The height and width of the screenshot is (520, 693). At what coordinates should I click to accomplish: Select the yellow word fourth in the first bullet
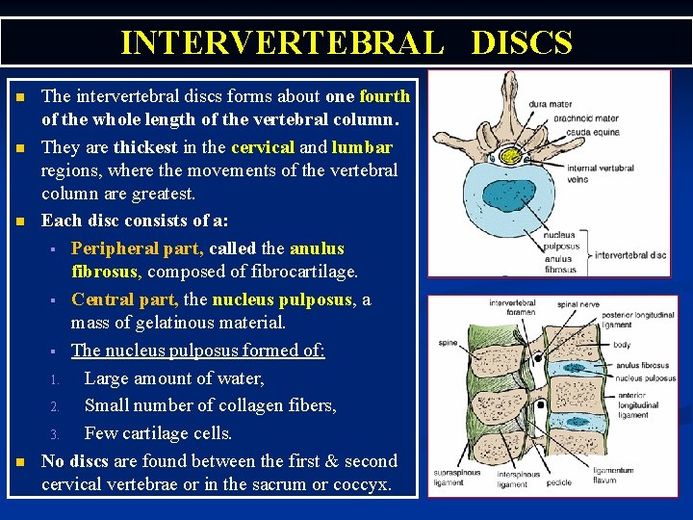[384, 96]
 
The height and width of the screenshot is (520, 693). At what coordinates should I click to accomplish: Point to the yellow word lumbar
[362, 148]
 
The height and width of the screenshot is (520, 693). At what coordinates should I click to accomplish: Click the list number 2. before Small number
[56, 406]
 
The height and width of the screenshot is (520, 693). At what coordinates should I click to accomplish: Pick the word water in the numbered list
[240, 378]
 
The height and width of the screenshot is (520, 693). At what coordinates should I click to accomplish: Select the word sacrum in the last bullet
[271, 484]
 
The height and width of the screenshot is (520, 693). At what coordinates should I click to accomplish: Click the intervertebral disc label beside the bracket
[631, 255]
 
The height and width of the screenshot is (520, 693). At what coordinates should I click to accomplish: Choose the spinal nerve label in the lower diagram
[577, 304]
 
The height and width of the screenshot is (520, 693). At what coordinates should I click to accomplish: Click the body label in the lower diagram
[622, 344]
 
